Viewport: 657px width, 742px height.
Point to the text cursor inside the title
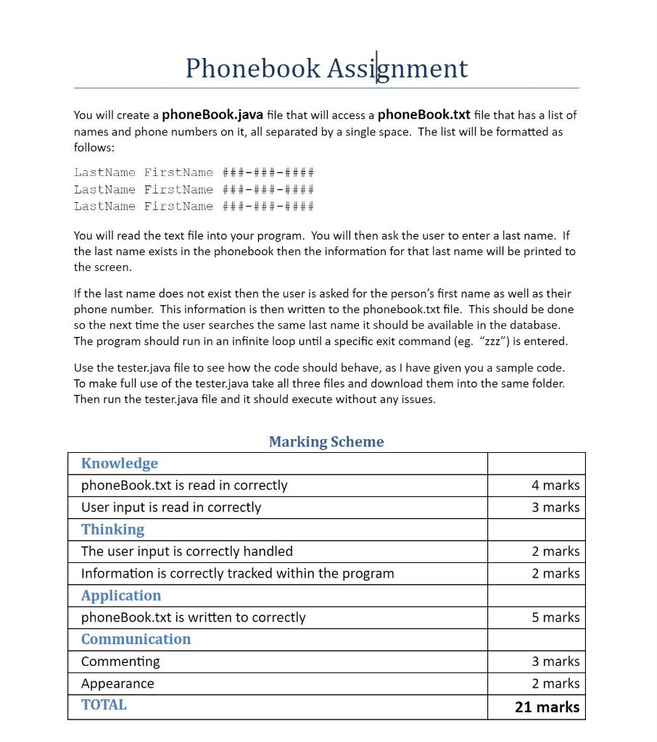point(376,68)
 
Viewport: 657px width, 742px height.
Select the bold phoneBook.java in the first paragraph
point(212,114)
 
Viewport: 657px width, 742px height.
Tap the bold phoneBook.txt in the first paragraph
point(424,114)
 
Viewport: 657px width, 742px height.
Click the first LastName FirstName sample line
point(194,172)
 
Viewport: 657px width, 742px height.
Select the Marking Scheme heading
point(326,441)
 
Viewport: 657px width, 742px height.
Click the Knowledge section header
point(120,464)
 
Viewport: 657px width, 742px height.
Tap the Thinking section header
point(112,530)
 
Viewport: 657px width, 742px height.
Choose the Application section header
point(121,596)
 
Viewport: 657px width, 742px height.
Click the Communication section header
point(136,639)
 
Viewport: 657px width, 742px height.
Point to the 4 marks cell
point(555,485)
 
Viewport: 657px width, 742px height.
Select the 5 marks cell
point(555,617)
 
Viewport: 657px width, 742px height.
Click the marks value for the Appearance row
point(555,683)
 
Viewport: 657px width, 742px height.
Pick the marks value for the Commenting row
point(555,662)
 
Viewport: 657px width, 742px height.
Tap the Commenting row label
point(120,662)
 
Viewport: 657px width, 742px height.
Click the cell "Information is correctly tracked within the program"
point(238,573)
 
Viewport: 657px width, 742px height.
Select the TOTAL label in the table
point(104,705)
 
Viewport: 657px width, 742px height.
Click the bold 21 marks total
point(547,707)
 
